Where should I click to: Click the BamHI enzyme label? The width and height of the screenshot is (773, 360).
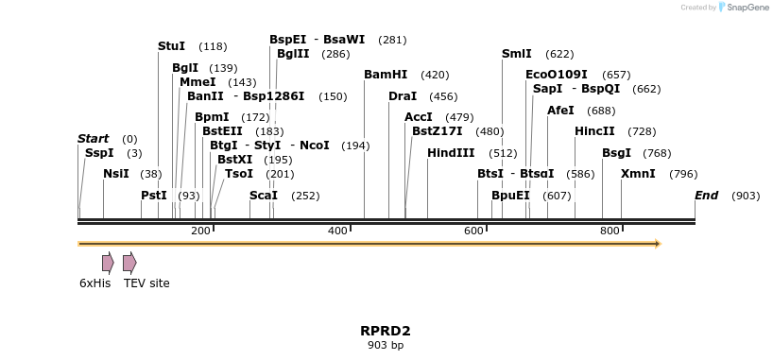point(386,75)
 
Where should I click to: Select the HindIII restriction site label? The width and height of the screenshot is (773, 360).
point(452,153)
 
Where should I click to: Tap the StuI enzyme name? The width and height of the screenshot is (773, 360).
point(172,46)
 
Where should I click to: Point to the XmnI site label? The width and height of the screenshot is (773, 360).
point(638,174)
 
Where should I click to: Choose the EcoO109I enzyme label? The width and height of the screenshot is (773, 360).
point(557,75)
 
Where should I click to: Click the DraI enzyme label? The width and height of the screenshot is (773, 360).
point(403,96)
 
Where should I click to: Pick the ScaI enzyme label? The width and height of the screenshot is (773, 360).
point(264,196)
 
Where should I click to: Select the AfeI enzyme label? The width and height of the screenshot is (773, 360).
point(560,111)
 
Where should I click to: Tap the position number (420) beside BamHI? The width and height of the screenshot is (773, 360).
point(435,75)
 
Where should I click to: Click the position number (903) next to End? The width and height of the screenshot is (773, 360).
point(746,196)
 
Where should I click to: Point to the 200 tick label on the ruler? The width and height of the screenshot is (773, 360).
point(200,231)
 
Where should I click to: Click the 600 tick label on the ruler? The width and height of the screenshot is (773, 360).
point(473,231)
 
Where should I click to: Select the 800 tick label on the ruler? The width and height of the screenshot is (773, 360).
point(610,231)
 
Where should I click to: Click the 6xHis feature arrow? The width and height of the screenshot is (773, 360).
point(108,263)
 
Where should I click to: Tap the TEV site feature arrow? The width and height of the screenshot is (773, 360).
point(129,263)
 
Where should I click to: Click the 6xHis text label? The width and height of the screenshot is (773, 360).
point(94,283)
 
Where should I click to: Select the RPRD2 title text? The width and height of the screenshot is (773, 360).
point(386,331)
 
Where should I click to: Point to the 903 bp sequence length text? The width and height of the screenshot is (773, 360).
point(386,346)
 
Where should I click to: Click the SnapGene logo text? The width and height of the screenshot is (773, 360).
point(747,8)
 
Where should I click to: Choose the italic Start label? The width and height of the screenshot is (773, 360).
point(93,139)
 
